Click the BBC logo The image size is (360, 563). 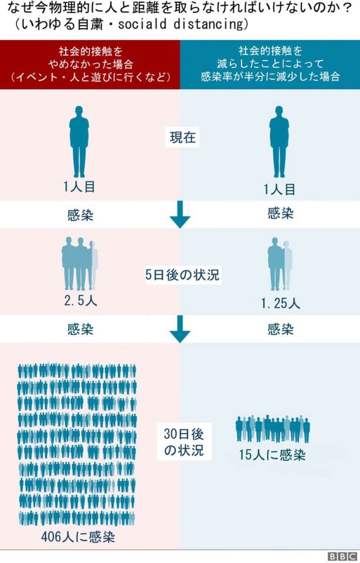click(x=342, y=556)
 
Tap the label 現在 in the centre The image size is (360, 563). click(x=183, y=137)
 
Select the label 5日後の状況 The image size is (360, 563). click(x=182, y=275)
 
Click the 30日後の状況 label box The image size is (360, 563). click(x=184, y=442)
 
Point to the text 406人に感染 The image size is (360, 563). click(x=78, y=537)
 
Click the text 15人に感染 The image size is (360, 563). click(x=273, y=455)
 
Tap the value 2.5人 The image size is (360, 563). click(x=80, y=301)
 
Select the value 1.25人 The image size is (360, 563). click(x=280, y=304)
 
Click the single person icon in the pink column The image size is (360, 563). click(x=79, y=141)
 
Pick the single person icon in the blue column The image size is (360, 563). click(x=279, y=141)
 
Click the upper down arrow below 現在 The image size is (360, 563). click(x=180, y=215)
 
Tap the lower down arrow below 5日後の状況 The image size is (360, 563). click(x=180, y=329)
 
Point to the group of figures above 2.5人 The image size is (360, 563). click(x=80, y=263)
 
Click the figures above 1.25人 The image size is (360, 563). click(x=280, y=263)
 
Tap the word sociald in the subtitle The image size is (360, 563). click(x=142, y=24)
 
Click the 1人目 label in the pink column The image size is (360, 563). click(x=79, y=186)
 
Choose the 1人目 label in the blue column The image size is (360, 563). click(x=279, y=189)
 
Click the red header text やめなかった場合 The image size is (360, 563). click(x=90, y=65)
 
